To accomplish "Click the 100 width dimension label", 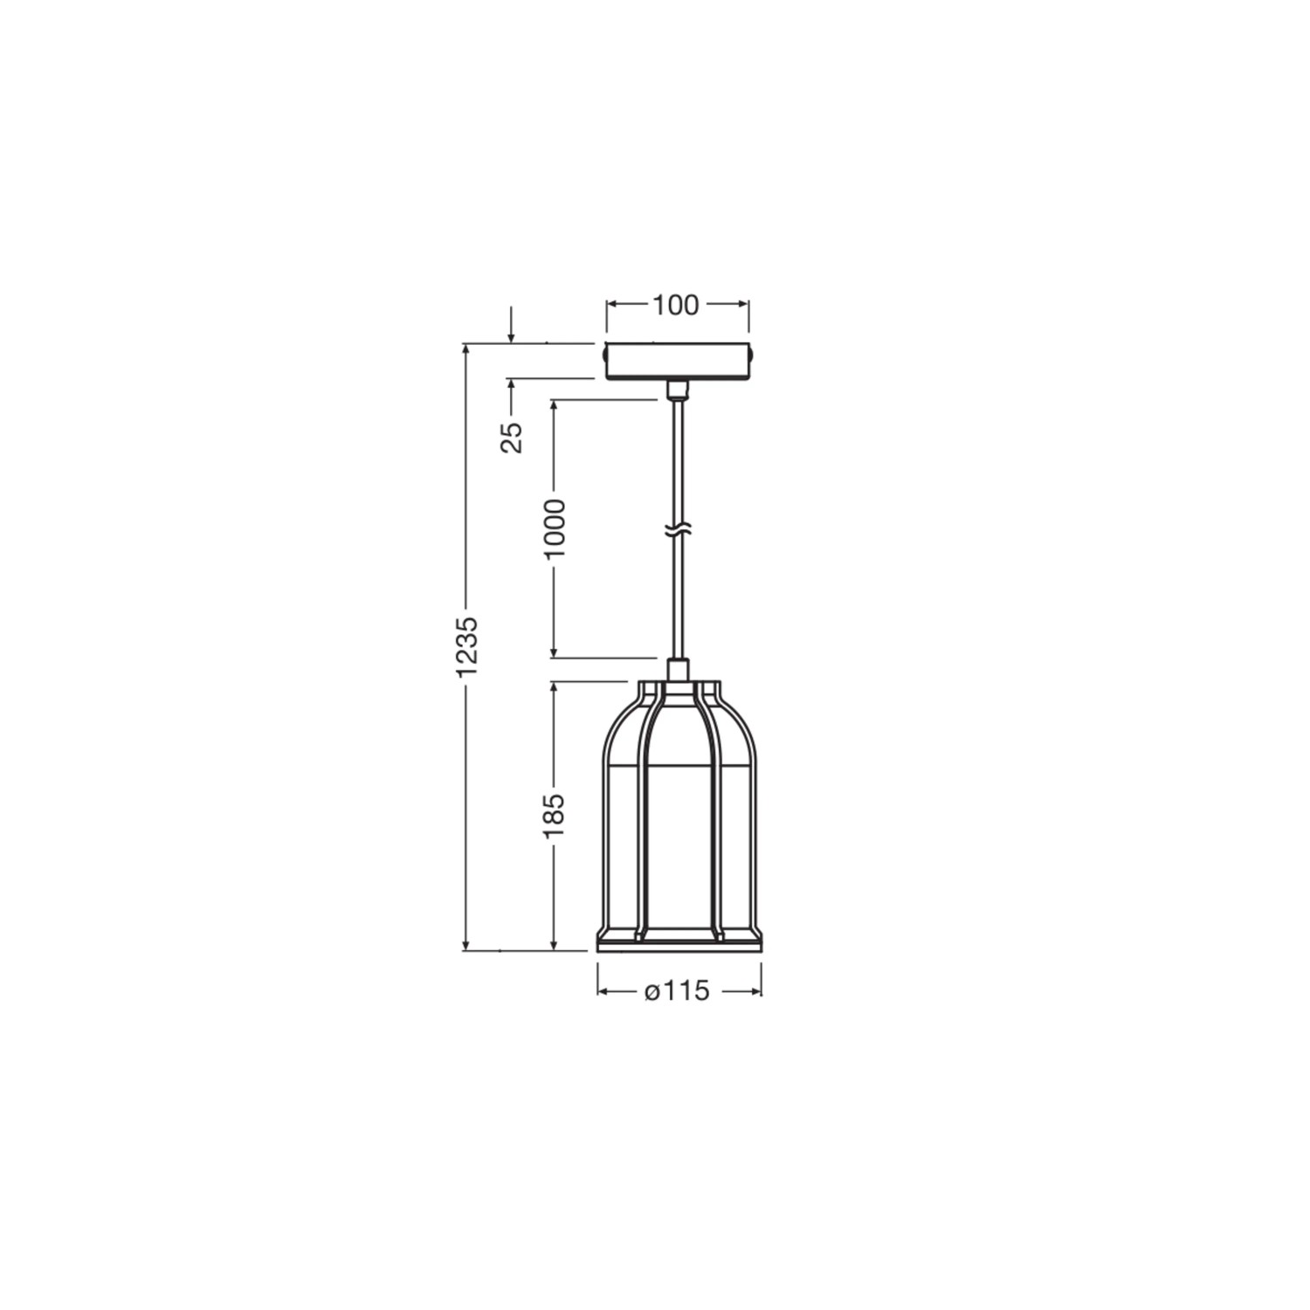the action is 676,305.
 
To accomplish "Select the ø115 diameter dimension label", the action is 677,992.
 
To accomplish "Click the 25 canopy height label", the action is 513,437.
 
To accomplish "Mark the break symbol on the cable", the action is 677,529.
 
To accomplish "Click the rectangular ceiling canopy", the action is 678,361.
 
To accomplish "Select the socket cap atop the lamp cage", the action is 678,670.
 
